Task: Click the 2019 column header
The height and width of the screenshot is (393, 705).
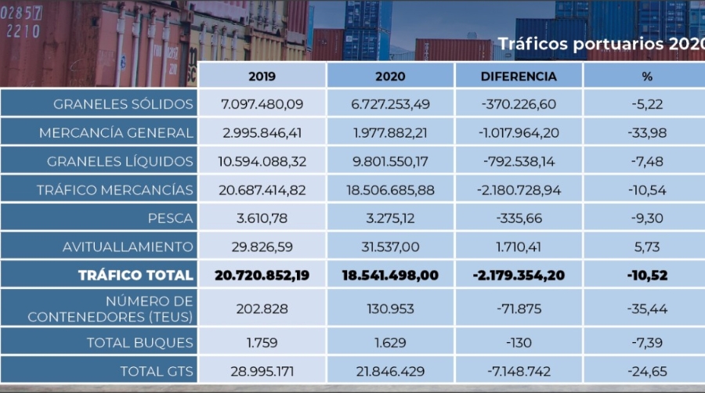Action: point(262,76)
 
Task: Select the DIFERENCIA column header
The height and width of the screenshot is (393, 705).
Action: point(518,76)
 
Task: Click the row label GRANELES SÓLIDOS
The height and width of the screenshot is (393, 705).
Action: point(123,104)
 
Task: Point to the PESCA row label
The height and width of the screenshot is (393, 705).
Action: point(170,218)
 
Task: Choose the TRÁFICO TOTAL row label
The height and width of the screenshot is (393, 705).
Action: point(135,275)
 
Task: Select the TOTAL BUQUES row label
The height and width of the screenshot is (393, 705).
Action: point(139,341)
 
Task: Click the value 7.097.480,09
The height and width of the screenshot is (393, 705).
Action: point(262,104)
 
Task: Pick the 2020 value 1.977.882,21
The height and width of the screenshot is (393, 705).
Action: point(390,133)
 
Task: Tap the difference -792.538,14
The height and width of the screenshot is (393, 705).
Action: point(518,161)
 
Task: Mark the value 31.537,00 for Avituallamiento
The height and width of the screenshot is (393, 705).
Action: point(390,247)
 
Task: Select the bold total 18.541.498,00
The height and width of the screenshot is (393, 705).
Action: point(390,275)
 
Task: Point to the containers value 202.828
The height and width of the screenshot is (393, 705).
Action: point(262,308)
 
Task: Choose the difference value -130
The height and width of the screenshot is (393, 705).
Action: point(518,341)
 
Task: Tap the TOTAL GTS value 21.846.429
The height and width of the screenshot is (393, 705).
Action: point(390,370)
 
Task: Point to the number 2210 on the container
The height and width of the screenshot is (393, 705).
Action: point(23,31)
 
